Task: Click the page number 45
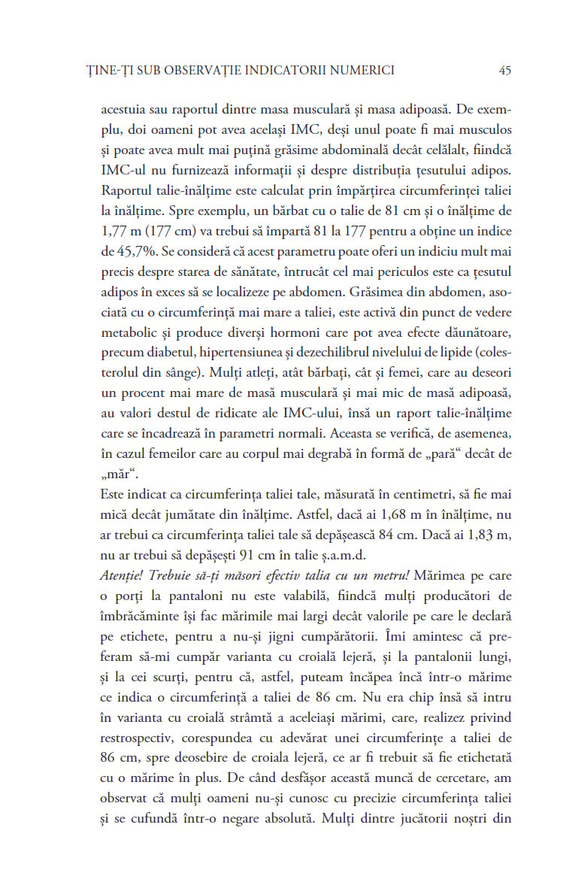504,71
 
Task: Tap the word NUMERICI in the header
361,71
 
